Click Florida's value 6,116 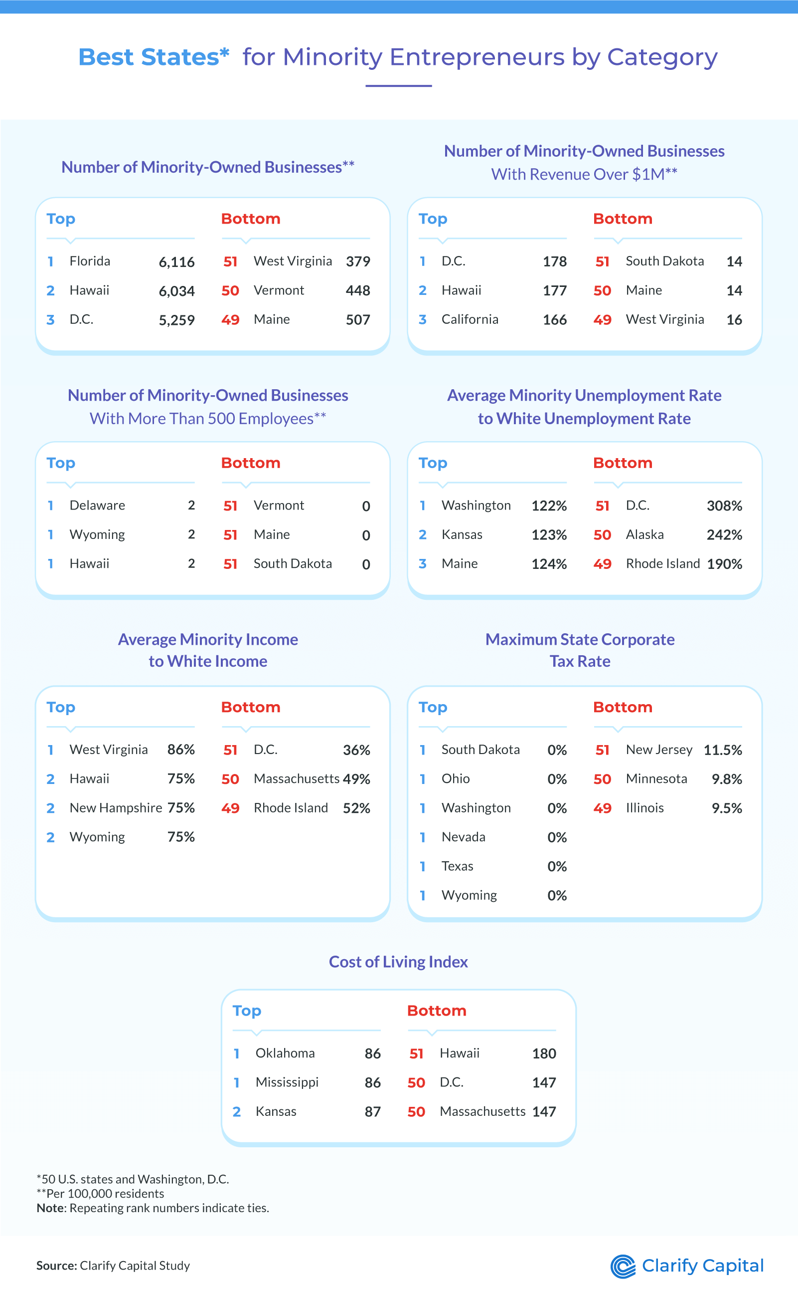pos(176,262)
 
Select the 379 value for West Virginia pos(357,261)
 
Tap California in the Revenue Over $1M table pos(469,319)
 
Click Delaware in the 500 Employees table pos(97,505)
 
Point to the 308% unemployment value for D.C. pos(724,506)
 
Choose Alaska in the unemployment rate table pos(644,534)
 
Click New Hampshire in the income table pos(115,808)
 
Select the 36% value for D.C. pos(356,750)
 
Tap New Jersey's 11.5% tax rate pos(723,750)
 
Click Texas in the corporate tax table pos(457,866)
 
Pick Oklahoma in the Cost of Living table pos(285,1053)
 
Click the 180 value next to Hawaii pos(544,1053)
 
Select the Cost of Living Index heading pos(398,962)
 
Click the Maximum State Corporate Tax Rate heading pos(580,650)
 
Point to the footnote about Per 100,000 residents pos(100,1193)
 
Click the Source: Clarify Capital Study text pos(113,1265)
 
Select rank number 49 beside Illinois pos(602,808)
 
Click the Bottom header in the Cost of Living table pos(437,1011)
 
